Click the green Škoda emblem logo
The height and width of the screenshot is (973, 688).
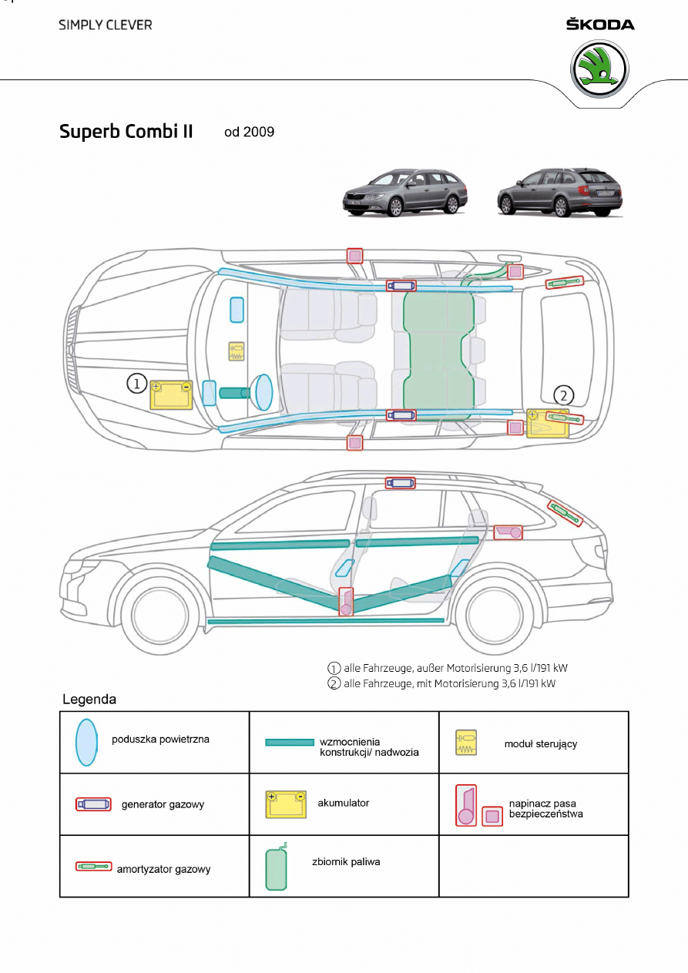[x=599, y=69]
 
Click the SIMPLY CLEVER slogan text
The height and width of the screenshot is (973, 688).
[x=106, y=25]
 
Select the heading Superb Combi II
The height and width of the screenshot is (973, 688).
[x=126, y=131]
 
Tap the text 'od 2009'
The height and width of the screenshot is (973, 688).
[x=250, y=132]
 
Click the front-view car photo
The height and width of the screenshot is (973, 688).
[x=405, y=193]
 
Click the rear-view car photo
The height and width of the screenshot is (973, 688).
[x=560, y=192]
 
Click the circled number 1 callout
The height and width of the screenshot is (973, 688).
[x=136, y=384]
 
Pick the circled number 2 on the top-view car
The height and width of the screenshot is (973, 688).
[x=564, y=395]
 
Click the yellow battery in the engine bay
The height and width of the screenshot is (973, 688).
[x=171, y=395]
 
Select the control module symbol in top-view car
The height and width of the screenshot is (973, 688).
[x=237, y=351]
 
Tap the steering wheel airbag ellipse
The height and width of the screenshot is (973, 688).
[x=263, y=393]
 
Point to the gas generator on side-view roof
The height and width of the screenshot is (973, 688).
[x=401, y=483]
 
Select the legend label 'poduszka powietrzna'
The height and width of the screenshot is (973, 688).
[x=160, y=739]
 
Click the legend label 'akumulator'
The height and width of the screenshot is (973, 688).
[x=343, y=803]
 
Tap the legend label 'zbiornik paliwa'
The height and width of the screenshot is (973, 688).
[x=346, y=861]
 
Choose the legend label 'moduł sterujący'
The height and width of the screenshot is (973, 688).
[x=541, y=743]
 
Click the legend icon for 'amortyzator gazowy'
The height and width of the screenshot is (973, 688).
[x=93, y=866]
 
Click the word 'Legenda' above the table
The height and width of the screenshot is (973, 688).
[x=89, y=700]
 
